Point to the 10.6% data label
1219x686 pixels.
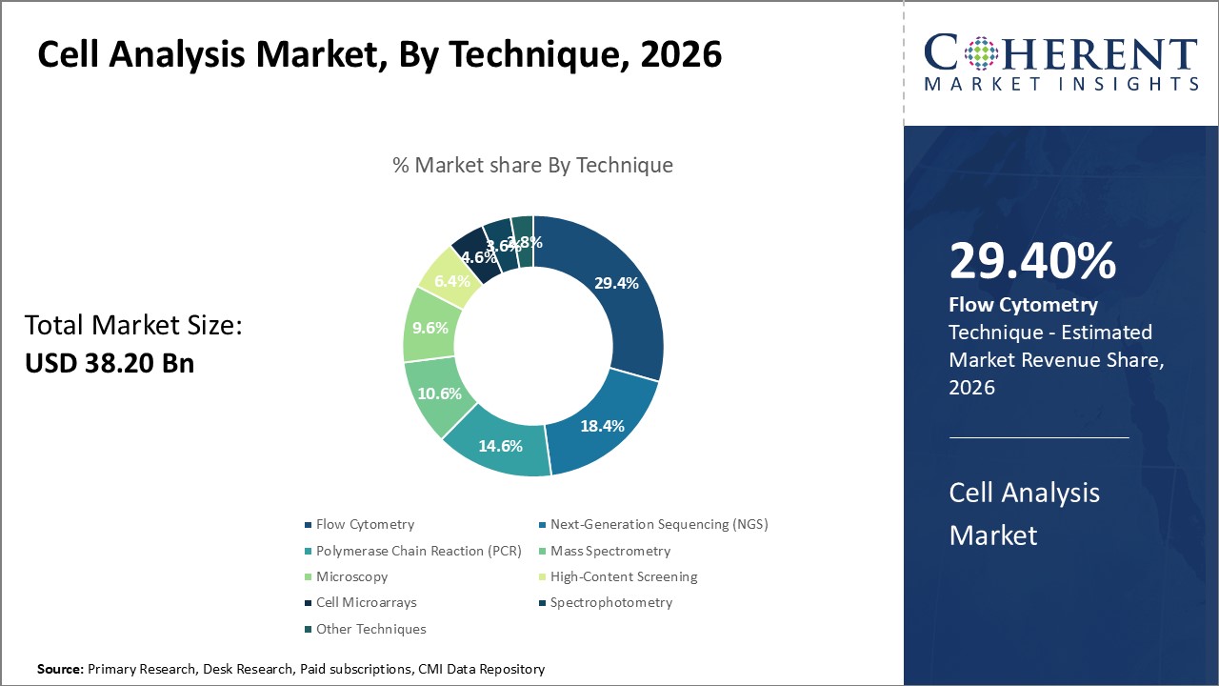439,393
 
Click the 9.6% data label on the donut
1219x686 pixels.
430,327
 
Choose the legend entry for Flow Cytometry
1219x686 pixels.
365,524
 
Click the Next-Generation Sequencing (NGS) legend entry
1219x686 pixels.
659,524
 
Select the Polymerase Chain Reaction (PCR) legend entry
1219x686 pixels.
411,551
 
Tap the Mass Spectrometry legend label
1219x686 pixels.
610,551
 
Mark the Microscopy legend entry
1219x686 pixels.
351,576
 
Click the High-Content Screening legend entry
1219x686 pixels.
624,576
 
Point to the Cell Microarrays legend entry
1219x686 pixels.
366,602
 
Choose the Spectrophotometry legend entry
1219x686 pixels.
611,602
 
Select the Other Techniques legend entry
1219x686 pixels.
370,629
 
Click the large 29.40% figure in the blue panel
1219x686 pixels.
1032,262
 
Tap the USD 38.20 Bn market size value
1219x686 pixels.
110,363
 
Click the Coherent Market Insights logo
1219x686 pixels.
1061,63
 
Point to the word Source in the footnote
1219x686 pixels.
60,670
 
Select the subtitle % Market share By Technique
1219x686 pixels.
532,165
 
